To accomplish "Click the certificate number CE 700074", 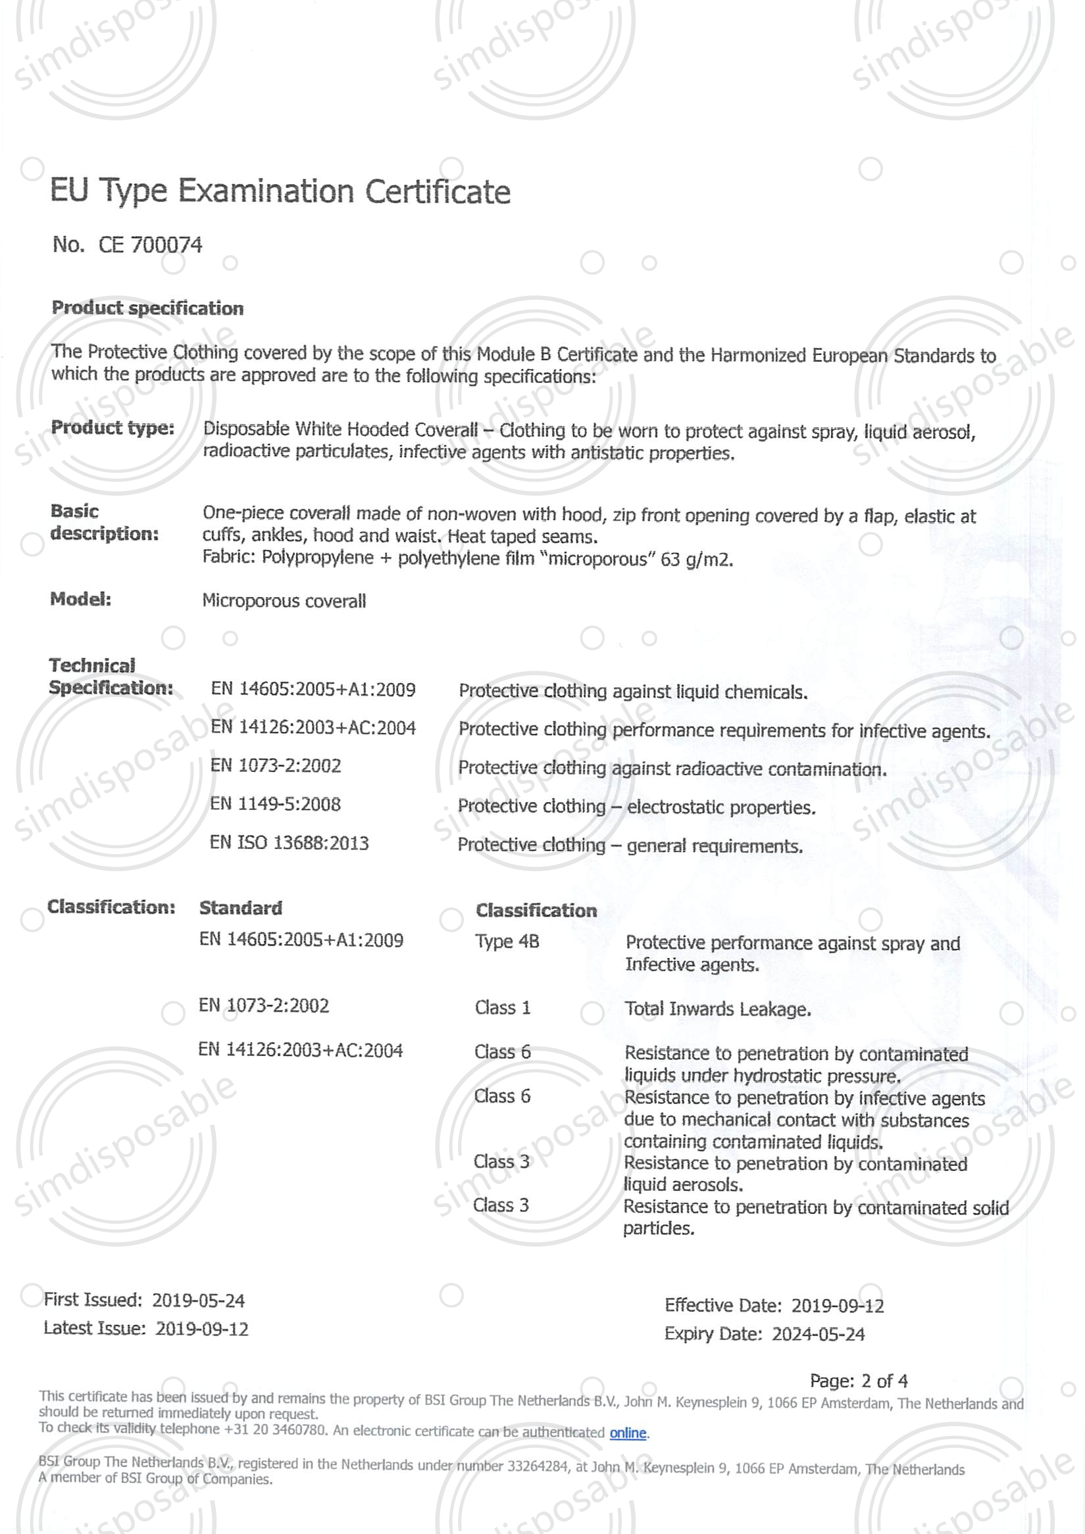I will click(150, 245).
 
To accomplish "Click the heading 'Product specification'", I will click(148, 308).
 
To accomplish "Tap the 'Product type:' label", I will click(113, 427).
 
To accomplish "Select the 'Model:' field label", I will click(81, 598).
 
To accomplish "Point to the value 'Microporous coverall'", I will click(284, 600).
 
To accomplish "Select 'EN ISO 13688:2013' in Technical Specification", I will click(290, 842).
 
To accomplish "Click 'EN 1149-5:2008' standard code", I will click(276, 803).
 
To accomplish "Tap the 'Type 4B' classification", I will click(507, 942).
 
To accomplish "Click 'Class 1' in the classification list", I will click(502, 1007).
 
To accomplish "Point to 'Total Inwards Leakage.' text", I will click(717, 1009).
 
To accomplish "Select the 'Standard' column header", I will click(241, 908).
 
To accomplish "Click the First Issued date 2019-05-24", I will click(199, 1300).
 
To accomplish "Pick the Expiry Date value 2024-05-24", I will click(819, 1334).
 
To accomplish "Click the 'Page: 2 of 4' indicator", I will click(859, 1380).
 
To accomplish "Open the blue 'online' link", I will click(628, 1433).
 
